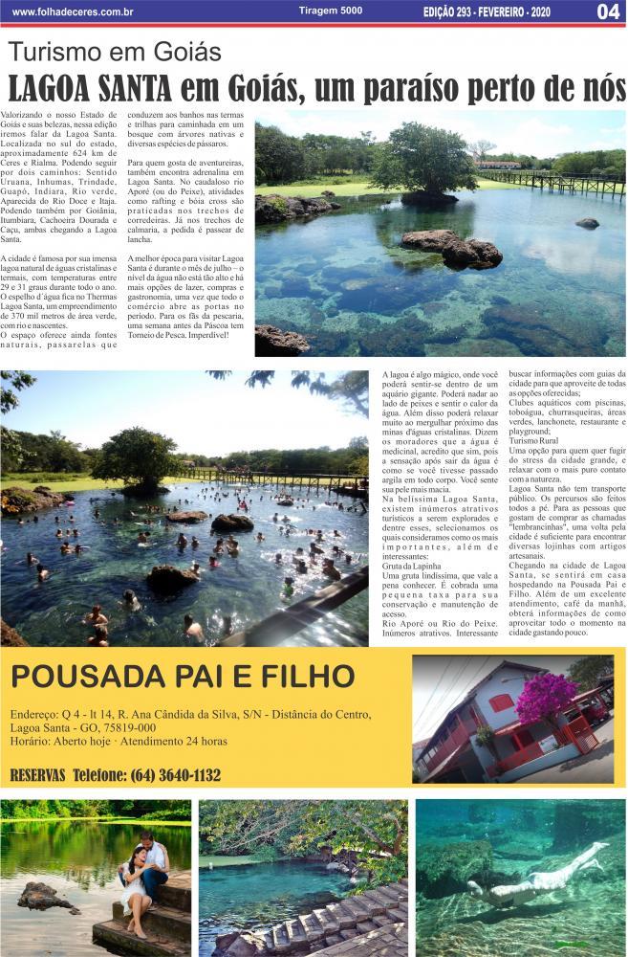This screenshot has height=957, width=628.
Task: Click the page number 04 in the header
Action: [608, 12]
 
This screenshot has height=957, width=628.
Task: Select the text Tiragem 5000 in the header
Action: [330, 11]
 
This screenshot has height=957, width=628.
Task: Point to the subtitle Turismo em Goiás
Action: [114, 53]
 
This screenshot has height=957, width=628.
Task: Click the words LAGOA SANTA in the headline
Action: [90, 88]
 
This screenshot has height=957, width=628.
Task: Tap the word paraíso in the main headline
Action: [422, 88]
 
